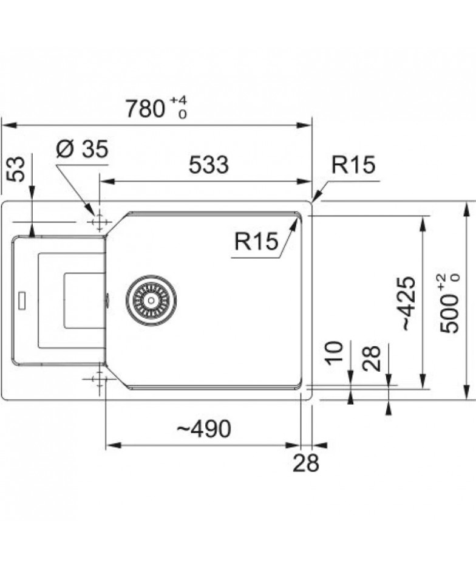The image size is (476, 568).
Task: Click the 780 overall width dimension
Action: (x=144, y=109)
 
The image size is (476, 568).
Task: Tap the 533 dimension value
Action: (x=209, y=165)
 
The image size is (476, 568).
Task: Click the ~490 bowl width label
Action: (x=203, y=429)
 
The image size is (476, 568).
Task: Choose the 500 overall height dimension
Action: (x=449, y=313)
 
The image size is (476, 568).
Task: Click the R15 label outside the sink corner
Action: (x=353, y=165)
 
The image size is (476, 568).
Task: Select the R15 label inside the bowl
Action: (x=256, y=241)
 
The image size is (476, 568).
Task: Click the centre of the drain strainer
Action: (x=151, y=299)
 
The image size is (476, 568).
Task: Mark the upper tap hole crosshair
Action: (x=99, y=222)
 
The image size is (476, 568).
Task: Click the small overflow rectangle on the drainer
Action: (x=22, y=299)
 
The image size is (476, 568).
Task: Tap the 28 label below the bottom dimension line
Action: (x=306, y=462)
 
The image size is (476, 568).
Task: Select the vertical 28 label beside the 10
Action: (x=372, y=358)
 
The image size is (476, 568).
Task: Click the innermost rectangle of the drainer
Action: (x=85, y=300)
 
